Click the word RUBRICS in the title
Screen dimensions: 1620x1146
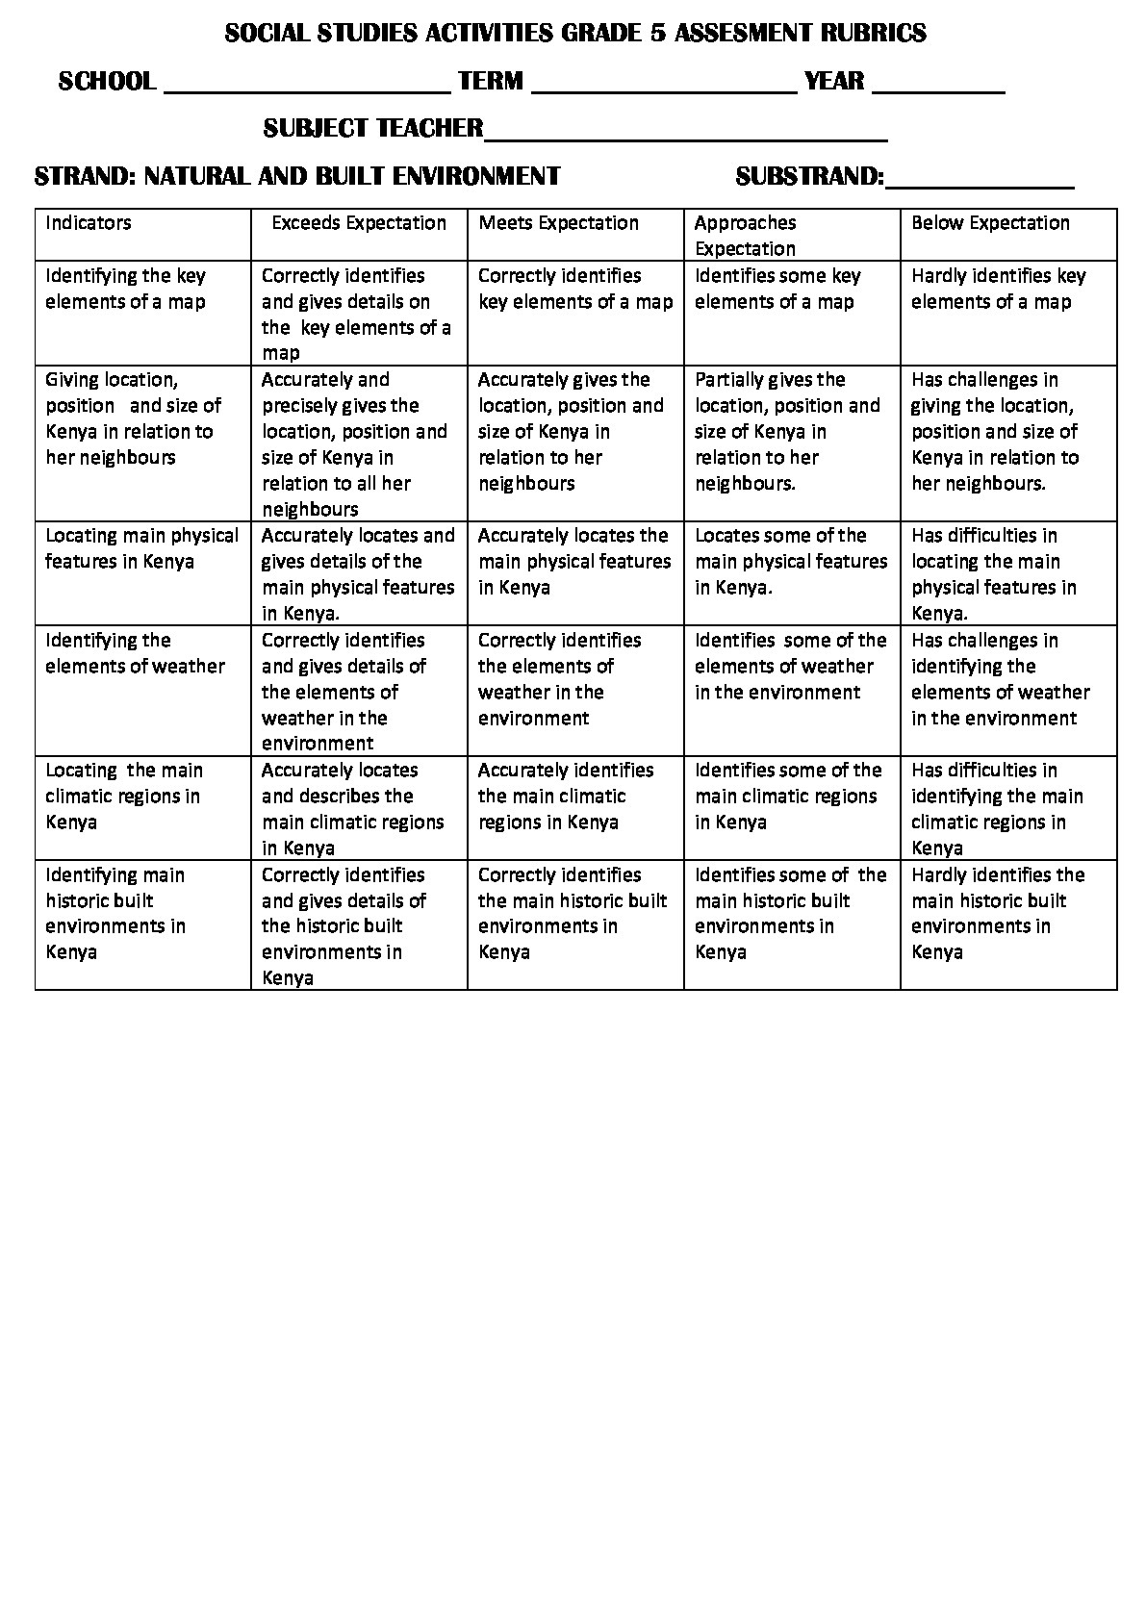click(x=872, y=34)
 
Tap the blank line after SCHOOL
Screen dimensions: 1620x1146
click(x=308, y=85)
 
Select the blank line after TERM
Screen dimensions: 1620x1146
click(x=664, y=85)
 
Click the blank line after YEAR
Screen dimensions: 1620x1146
click(x=938, y=85)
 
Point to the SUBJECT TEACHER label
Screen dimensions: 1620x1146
click(x=373, y=128)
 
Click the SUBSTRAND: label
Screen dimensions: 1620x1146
click(x=809, y=176)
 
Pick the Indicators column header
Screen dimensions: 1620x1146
click(x=89, y=223)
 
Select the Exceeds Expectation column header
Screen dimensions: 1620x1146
click(x=359, y=223)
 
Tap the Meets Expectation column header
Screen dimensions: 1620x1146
click(x=559, y=223)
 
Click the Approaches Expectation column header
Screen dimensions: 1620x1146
click(x=746, y=236)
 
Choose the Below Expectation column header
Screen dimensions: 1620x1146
click(x=990, y=223)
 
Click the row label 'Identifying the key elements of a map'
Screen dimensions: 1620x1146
click(x=126, y=289)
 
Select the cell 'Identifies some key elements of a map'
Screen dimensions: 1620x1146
click(x=777, y=289)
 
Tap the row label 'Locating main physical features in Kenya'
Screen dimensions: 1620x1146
click(x=141, y=548)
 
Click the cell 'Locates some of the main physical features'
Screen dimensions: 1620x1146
click(x=791, y=561)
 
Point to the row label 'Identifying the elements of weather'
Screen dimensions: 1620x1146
click(x=135, y=653)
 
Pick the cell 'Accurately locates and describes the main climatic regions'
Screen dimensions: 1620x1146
click(x=353, y=809)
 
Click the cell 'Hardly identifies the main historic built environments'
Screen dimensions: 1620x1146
click(x=998, y=913)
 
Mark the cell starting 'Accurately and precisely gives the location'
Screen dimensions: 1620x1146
click(x=354, y=443)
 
